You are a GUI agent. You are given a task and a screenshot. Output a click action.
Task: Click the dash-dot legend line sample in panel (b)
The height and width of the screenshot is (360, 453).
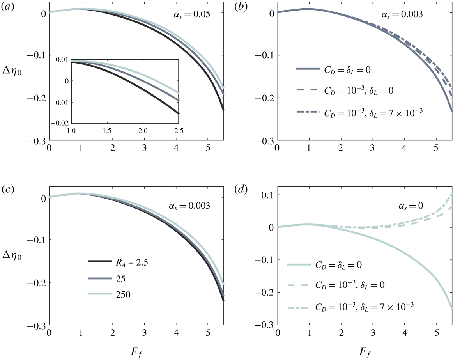coord(308,112)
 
